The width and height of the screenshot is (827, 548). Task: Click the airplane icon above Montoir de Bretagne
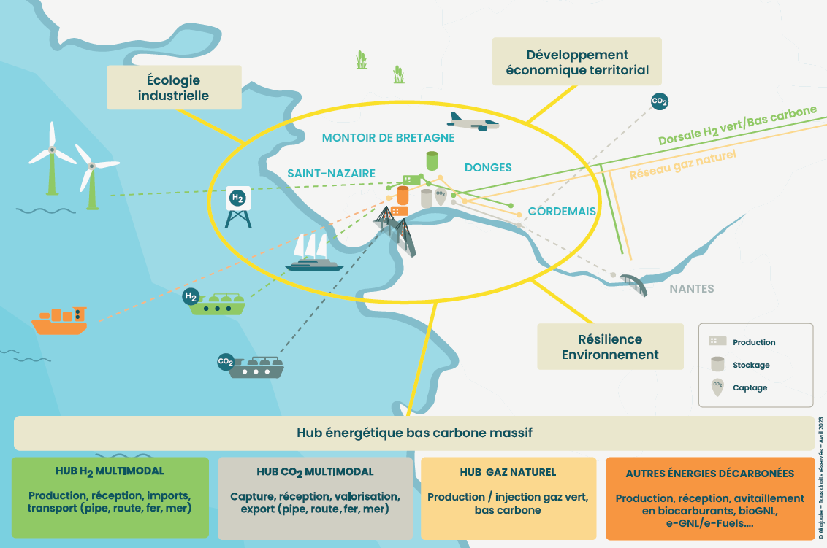coord(473,121)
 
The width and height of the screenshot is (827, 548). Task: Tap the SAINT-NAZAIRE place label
coord(331,173)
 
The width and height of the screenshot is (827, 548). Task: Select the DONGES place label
coord(488,167)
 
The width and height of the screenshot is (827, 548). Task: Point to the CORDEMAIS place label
coord(562,212)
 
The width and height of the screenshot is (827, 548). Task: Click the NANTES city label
coord(692,289)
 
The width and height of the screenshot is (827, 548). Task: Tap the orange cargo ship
coord(60,320)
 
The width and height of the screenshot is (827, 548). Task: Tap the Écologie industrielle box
coord(174,88)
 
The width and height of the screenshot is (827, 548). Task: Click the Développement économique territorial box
coord(576,62)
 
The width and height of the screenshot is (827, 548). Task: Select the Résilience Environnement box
coord(609,347)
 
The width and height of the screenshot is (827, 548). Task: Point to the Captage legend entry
coord(750,387)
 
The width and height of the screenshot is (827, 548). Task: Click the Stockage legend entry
coord(751,365)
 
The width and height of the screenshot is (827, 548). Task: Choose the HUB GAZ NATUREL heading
coord(508,472)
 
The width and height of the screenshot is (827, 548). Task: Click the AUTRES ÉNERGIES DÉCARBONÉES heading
coord(709,474)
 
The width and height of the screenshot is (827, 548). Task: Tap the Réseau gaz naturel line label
coord(682,165)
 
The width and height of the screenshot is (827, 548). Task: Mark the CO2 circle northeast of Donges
coord(659,101)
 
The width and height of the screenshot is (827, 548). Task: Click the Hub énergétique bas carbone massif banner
coord(413,433)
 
